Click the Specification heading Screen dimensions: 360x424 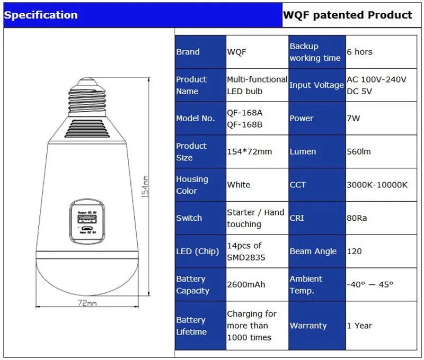click(41, 15)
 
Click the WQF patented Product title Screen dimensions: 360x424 click(347, 15)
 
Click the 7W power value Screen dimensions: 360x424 click(354, 118)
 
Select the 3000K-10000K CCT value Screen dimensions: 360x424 click(377, 185)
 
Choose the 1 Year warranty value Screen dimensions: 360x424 click(359, 326)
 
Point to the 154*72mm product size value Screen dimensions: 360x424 click(249, 151)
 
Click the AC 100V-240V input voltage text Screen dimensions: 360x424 click(376, 79)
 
